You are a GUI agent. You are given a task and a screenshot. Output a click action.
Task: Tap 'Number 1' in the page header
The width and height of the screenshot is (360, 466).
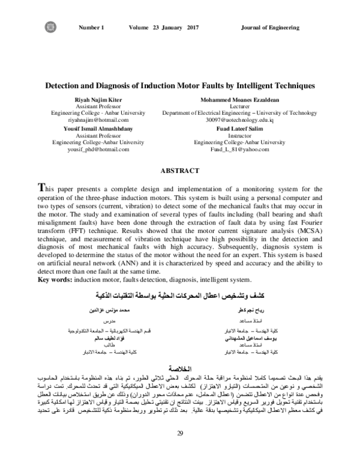click(x=91, y=28)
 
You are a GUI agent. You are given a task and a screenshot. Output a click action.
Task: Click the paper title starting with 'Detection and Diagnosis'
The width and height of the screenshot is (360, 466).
click(x=180, y=85)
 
